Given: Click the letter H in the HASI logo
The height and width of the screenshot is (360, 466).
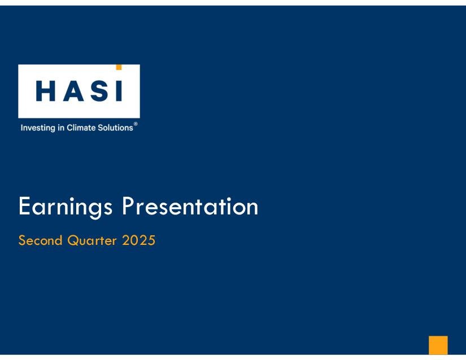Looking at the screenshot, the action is click(46, 91).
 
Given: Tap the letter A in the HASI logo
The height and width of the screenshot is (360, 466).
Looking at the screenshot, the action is click(73, 91).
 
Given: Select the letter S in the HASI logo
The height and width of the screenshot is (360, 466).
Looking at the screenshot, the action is click(100, 91).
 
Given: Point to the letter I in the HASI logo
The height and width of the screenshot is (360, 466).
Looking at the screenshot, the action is click(119, 91).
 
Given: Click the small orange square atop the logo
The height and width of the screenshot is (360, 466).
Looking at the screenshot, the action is click(119, 67).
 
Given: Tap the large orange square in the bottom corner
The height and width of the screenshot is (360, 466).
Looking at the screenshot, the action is click(438, 345).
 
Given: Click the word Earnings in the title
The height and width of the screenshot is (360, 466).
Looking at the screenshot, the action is click(66, 207).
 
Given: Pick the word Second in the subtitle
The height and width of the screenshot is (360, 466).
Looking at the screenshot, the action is click(40, 240).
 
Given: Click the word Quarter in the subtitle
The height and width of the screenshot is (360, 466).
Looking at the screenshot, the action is click(92, 240).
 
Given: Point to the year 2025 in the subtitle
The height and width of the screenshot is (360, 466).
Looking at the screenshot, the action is click(138, 240).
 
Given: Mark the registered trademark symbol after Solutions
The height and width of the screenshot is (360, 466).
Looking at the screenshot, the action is click(136, 124).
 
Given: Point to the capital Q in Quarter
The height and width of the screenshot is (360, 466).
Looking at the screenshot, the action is click(73, 241).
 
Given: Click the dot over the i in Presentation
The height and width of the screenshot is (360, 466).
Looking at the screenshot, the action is click(229, 198).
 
